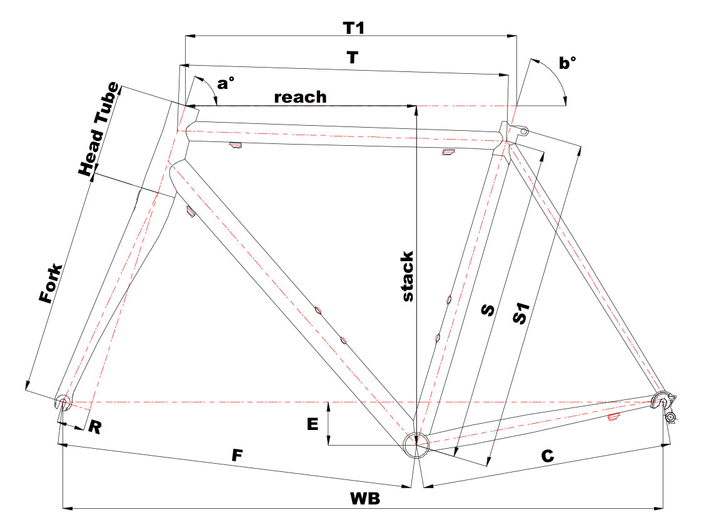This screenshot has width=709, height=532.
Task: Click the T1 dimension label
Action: [354, 28]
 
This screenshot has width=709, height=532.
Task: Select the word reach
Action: [300, 97]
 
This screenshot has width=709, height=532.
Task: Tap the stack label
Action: [408, 276]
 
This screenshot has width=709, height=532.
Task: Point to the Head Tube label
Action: [99, 129]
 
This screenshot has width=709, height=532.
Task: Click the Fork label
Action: [51, 283]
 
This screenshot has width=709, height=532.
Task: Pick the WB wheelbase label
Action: [365, 498]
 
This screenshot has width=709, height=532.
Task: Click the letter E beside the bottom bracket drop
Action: [313, 424]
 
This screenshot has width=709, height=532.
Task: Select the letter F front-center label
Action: [238, 455]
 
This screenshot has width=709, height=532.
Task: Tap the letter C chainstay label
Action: [548, 456]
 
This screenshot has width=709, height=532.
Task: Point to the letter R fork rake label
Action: [95, 426]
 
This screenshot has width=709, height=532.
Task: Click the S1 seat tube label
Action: [521, 314]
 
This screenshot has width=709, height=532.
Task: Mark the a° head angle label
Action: [226, 84]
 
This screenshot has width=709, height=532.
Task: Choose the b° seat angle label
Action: [568, 63]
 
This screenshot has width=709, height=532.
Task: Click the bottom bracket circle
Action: [416, 445]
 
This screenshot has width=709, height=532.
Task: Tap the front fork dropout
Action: [63, 402]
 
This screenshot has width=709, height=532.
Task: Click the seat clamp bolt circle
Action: [524, 132]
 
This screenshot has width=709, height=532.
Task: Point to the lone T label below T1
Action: [352, 58]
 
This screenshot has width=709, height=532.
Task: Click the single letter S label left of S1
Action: [488, 310]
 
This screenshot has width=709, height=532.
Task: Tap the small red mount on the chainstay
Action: [613, 417]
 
